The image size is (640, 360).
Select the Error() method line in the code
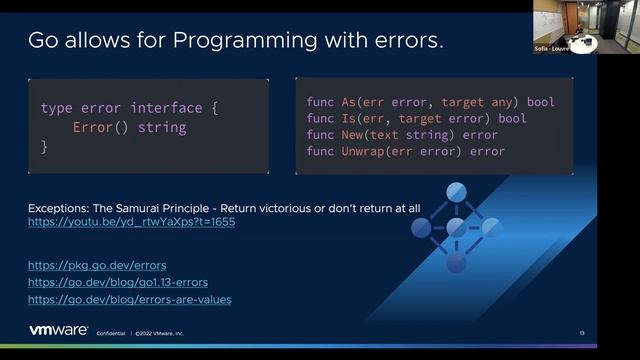pos(129,127)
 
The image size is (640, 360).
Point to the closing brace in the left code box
pos(44,147)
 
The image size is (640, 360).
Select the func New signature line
pos(402,134)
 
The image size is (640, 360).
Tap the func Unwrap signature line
pos(405,151)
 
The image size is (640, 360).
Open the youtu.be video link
pos(131,221)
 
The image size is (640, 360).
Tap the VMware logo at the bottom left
pos(58,331)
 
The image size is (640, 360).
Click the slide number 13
pos(582,333)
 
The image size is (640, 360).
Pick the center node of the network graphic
pos(456,227)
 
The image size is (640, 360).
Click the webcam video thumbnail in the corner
pos(564,26)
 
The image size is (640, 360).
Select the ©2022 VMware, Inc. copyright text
pos(160,333)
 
